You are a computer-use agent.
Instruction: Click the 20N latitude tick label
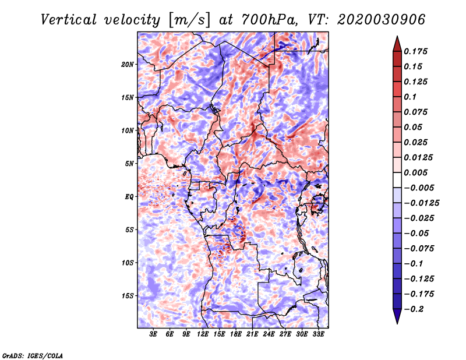click(128, 65)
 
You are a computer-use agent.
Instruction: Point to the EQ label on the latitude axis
click(129, 197)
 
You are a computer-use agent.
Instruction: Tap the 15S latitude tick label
click(128, 296)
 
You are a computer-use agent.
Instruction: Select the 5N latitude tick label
click(129, 164)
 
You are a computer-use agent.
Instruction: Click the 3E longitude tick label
click(153, 334)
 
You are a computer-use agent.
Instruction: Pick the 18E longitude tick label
click(236, 334)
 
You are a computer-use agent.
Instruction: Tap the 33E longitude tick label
click(318, 334)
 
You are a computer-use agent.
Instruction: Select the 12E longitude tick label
click(203, 334)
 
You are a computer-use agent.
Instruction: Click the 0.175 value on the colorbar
click(415, 51)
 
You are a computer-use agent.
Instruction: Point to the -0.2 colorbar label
click(414, 309)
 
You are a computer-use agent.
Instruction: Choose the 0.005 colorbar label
click(415, 172)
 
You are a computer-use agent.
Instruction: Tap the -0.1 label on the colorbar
click(413, 264)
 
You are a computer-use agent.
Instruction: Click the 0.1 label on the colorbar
click(410, 97)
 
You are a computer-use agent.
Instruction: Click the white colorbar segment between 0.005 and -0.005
click(397, 180)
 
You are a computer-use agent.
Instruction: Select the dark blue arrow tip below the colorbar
click(397, 316)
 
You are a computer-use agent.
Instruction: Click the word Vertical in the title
click(69, 20)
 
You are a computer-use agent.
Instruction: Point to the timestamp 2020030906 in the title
click(381, 20)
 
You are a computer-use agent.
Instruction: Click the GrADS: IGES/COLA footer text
click(33, 355)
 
